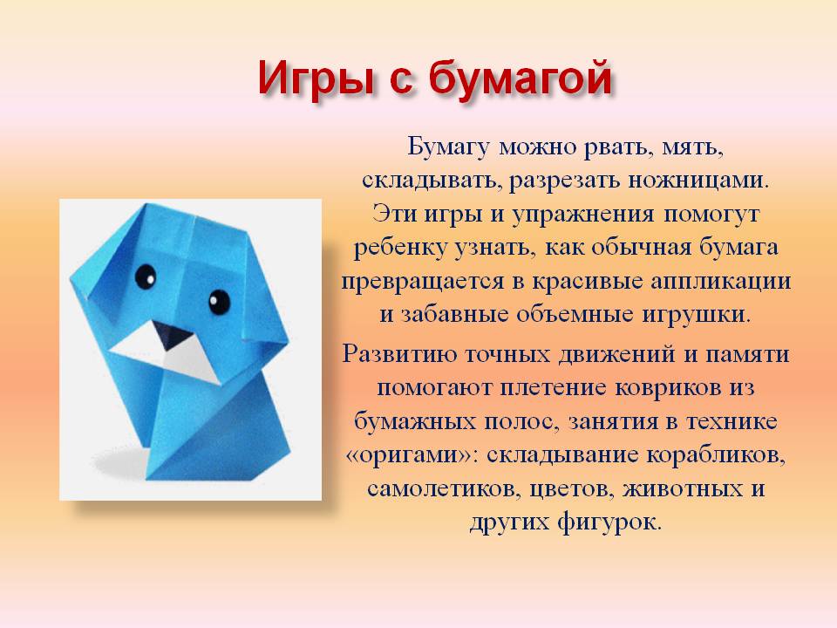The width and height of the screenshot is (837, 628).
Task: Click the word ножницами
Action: click(698, 181)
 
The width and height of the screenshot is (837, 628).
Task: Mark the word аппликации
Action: click(721, 282)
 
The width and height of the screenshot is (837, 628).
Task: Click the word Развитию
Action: click(399, 355)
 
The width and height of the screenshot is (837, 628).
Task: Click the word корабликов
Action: click(716, 455)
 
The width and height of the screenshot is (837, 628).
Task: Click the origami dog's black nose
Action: click(172, 335)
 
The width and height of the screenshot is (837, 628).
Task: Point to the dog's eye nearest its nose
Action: click(219, 303)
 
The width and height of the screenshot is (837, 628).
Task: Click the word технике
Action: click(732, 422)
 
